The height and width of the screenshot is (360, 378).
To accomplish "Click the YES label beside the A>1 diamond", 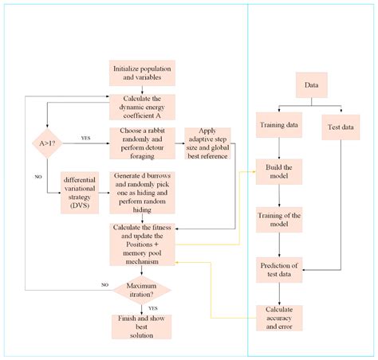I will [85, 138].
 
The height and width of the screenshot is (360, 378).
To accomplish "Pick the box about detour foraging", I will [142, 141].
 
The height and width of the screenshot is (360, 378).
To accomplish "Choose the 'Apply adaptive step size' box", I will [207, 143].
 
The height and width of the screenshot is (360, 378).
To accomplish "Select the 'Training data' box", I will [278, 125].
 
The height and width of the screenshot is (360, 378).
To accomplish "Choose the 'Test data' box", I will [342, 125].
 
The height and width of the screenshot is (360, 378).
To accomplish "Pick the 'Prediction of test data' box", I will [278, 269].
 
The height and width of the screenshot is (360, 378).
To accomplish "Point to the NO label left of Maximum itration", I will [104, 284].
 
